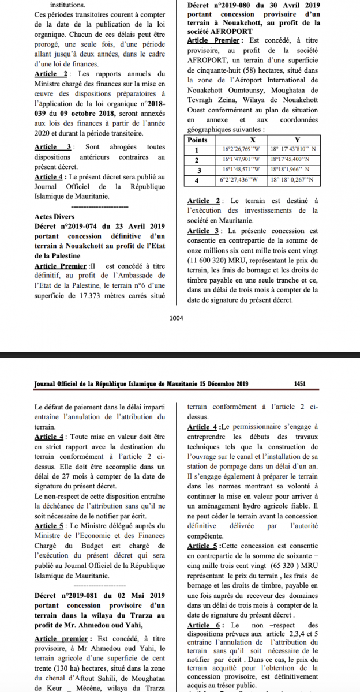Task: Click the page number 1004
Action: click(176, 317)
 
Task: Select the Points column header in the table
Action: click(198, 140)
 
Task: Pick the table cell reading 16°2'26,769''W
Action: click(242, 149)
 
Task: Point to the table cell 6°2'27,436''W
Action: click(242, 180)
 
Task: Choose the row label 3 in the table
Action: click(198, 170)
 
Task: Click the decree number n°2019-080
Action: click(235, 5)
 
